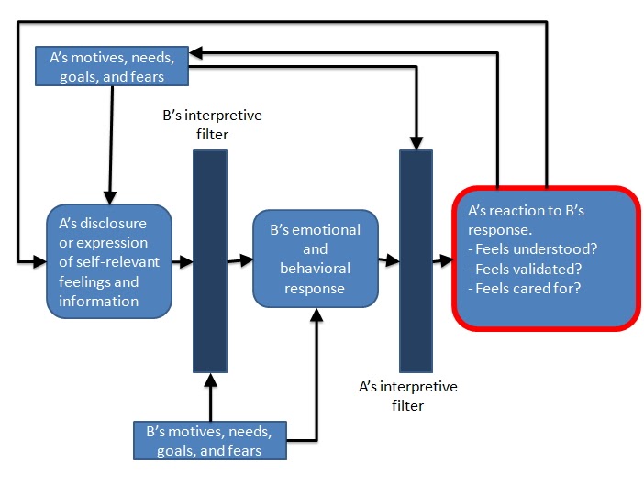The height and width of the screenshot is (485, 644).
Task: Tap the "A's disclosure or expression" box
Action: pos(110,261)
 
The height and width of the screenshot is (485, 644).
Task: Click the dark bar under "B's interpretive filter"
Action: pos(210,260)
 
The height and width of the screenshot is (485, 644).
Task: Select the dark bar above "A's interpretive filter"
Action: pos(416,260)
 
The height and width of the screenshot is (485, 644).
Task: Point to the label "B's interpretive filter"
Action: pos(210,126)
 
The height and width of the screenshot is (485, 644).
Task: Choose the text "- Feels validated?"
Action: pos(522,270)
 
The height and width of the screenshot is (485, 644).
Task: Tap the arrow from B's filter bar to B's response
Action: pos(239,261)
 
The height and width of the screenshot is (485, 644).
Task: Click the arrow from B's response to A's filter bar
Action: pos(389,261)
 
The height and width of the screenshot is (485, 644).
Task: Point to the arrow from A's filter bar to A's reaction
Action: pos(442,261)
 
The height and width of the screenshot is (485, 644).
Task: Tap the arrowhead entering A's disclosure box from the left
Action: pos(40,262)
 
